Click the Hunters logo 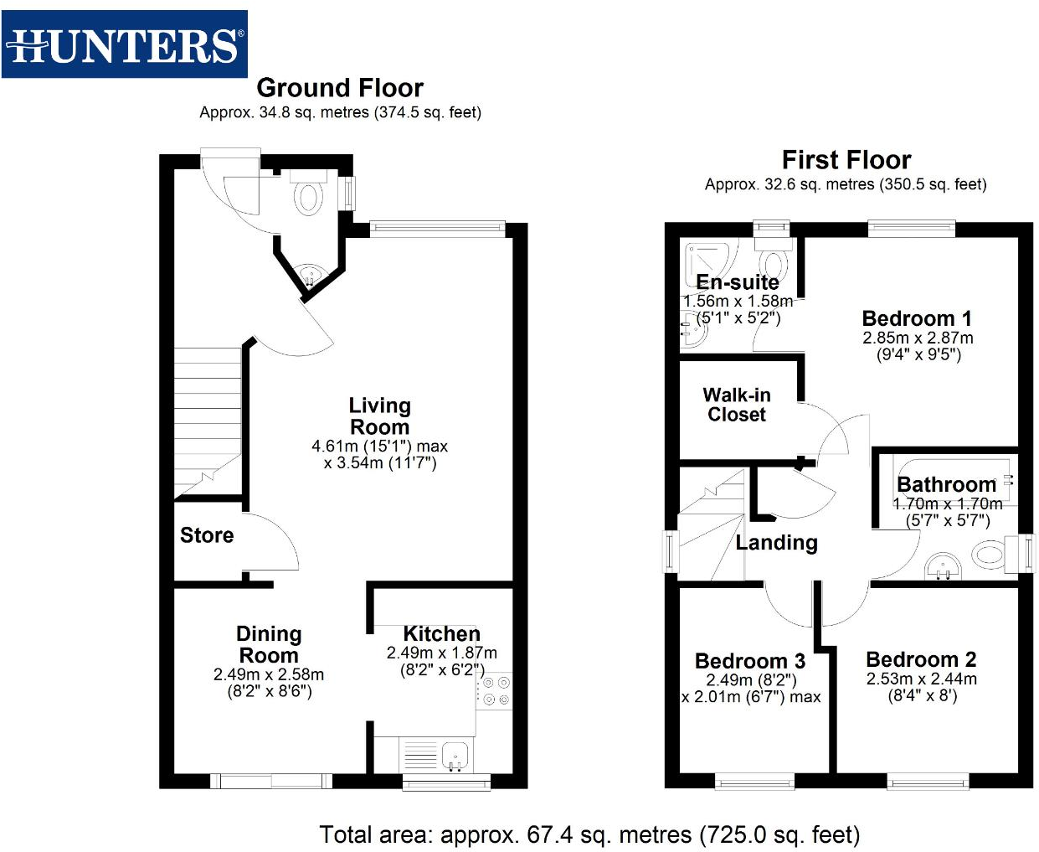click(x=125, y=44)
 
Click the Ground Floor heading click(x=340, y=88)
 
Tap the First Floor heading click(x=846, y=160)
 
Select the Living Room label click(x=379, y=416)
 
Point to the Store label click(x=207, y=535)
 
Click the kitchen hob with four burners click(x=494, y=691)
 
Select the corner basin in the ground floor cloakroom click(x=311, y=275)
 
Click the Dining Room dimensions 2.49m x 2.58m click(x=269, y=674)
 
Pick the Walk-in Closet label click(x=737, y=405)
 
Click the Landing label click(x=776, y=543)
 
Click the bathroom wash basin click(x=944, y=567)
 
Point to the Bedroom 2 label click(x=921, y=659)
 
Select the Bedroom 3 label click(x=750, y=661)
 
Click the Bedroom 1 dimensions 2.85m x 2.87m click(x=918, y=338)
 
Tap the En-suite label click(x=738, y=282)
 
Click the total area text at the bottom click(x=589, y=834)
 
